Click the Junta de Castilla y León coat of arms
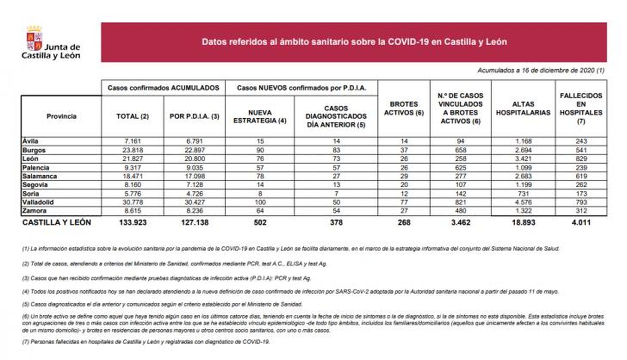click(x=34, y=38)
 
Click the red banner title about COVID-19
click(x=354, y=42)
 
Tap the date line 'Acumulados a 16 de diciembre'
click(x=540, y=71)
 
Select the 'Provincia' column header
click(x=62, y=116)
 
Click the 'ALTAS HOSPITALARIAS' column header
click(x=523, y=109)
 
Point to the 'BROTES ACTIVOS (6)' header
click(x=404, y=109)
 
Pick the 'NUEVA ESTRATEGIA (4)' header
click(x=260, y=116)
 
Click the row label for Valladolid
click(x=38, y=202)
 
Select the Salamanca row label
click(x=40, y=176)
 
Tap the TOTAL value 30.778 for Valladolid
click(x=132, y=202)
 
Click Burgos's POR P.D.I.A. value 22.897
click(x=194, y=150)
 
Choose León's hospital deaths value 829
click(x=581, y=159)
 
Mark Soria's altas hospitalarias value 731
click(x=523, y=194)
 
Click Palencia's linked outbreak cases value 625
click(x=460, y=168)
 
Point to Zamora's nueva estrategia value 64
click(x=260, y=211)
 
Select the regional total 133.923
click(x=132, y=223)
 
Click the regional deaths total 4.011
click(x=581, y=223)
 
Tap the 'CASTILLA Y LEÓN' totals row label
click(x=57, y=223)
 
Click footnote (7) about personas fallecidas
click(x=146, y=342)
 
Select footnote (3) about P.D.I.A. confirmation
click(x=167, y=278)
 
